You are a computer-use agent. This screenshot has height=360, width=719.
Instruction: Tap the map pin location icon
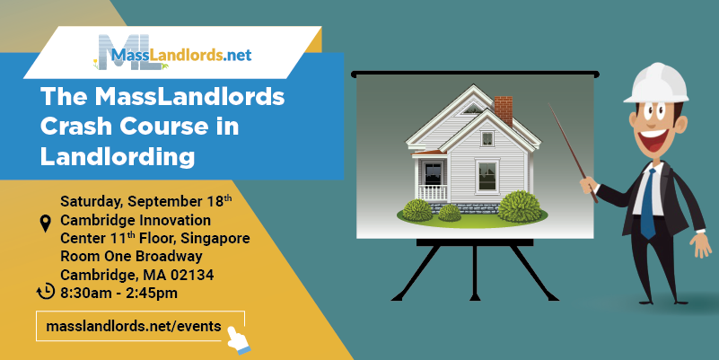(x=46, y=224)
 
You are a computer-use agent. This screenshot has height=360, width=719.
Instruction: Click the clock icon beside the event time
(x=46, y=291)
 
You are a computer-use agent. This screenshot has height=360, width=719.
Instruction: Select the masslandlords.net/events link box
(x=140, y=326)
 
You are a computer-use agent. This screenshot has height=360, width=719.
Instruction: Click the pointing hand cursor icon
(x=239, y=340)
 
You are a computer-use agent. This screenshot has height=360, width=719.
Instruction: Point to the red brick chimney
(x=503, y=110)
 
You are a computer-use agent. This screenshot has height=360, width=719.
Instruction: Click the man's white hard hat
(x=656, y=83)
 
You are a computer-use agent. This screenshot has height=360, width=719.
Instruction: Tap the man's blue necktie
(x=648, y=204)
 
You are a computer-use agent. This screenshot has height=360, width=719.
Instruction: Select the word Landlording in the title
(x=118, y=156)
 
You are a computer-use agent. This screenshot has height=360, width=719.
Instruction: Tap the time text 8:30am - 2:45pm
(x=118, y=293)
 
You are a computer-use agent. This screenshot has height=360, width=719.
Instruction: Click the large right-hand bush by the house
(x=519, y=206)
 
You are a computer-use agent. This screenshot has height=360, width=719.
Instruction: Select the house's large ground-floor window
(x=487, y=177)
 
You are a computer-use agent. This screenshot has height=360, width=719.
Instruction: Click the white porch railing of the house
(x=433, y=193)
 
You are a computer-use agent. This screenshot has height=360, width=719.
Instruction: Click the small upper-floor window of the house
(x=487, y=138)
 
